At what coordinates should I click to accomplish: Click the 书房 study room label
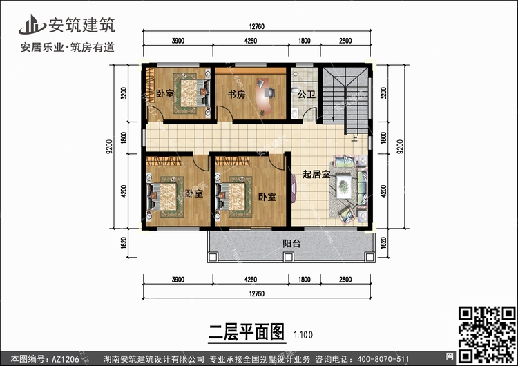pos(236,95)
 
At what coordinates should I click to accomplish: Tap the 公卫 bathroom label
pos(306,95)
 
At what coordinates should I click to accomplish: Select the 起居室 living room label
pos(316,174)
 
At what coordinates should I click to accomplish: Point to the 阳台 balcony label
pos(291,244)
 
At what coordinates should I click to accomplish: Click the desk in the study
pos(265,95)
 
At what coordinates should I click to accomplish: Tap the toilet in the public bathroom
pos(294,90)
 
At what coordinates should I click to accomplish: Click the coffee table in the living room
pos(344,186)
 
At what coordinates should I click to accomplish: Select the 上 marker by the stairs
pos(354,138)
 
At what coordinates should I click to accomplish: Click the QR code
pos(488,334)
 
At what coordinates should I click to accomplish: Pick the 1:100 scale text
pos(303,335)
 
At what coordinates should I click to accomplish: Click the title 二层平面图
pos(246,332)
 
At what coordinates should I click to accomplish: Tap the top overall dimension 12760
pos(257,26)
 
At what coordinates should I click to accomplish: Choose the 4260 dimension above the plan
pos(251,41)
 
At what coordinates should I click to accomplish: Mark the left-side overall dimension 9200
pos(109,146)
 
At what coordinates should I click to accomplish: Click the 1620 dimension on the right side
pos(383,243)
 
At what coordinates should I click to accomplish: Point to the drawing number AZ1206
pos(66,359)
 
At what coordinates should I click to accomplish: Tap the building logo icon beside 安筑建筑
pos(32,24)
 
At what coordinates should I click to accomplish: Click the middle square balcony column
pos(289,257)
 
